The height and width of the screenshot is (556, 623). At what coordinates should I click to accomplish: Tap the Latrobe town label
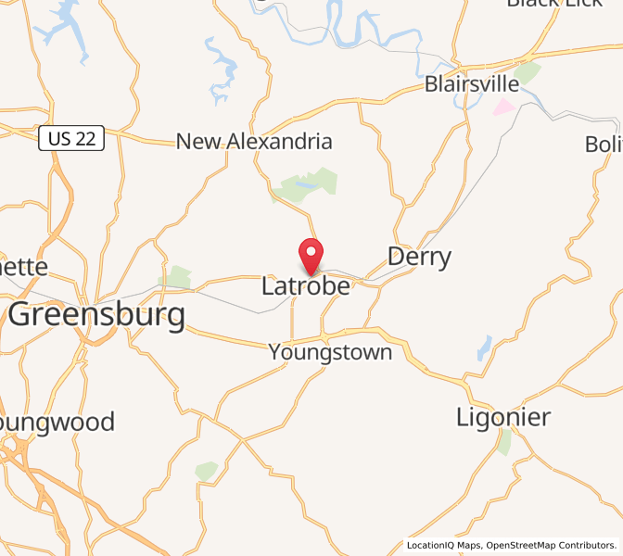(x=306, y=286)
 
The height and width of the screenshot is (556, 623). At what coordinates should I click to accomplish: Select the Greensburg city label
(x=96, y=315)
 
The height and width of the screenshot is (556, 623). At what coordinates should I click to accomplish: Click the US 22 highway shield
(x=71, y=140)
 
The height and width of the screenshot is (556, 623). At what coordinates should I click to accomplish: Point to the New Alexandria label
(x=254, y=142)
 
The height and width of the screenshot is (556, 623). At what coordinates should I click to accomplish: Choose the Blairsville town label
(x=472, y=84)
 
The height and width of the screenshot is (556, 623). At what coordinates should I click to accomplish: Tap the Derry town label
(x=419, y=257)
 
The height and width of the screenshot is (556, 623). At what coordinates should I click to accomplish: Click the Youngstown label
(x=330, y=353)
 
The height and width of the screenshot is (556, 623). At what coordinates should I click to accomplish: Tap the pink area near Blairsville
(x=503, y=107)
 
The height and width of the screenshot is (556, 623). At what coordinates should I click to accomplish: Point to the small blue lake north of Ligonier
(x=484, y=347)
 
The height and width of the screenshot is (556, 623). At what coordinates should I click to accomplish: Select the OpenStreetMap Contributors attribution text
(x=551, y=545)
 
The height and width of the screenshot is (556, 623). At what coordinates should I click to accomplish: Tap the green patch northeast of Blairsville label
(x=528, y=72)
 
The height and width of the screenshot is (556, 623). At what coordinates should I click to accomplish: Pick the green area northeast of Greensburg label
(x=176, y=277)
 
